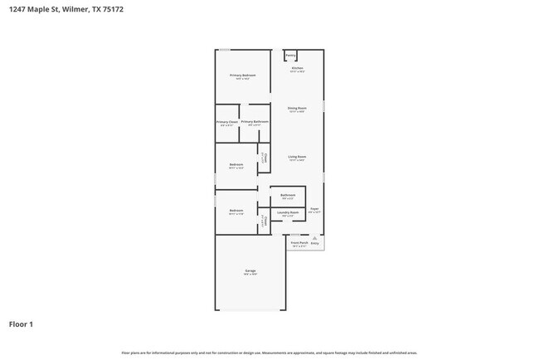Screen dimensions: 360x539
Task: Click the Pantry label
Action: pos(291,56)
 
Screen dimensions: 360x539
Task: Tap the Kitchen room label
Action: pos(297,68)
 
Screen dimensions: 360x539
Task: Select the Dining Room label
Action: pos(297,109)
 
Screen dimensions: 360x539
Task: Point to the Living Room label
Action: pos(297,157)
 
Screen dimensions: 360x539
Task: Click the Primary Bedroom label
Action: pos(243,75)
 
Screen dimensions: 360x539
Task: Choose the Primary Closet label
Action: pos(227,123)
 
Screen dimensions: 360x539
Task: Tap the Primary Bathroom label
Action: pos(255,122)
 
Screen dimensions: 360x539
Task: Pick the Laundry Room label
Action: pos(288,212)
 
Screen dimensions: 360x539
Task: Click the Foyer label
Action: pos(314,209)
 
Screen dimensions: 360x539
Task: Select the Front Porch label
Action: pos(299,243)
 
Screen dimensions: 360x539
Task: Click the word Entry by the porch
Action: pos(315,243)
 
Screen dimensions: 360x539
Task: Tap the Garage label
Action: pos(250,271)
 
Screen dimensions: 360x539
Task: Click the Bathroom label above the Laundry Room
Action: pos(288,196)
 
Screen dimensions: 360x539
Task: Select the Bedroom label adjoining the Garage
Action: pos(236,211)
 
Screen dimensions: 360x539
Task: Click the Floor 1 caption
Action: pos(21,324)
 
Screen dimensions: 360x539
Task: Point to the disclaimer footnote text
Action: pos(269,353)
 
